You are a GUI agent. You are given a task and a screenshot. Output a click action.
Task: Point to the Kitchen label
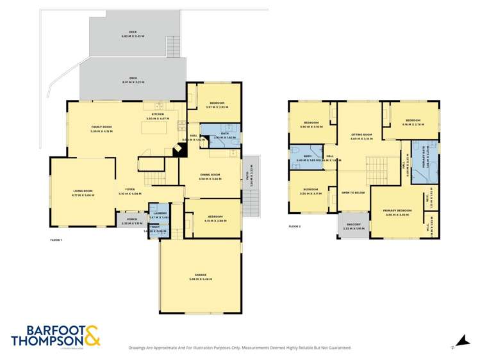(158, 114)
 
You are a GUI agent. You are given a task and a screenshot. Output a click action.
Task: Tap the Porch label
(131, 219)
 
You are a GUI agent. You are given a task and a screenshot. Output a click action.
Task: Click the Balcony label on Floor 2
(354, 224)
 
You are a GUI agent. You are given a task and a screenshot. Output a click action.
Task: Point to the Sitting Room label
(361, 135)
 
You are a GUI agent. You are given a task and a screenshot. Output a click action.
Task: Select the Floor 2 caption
(294, 227)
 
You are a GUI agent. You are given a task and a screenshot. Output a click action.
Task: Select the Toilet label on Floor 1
(154, 227)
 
